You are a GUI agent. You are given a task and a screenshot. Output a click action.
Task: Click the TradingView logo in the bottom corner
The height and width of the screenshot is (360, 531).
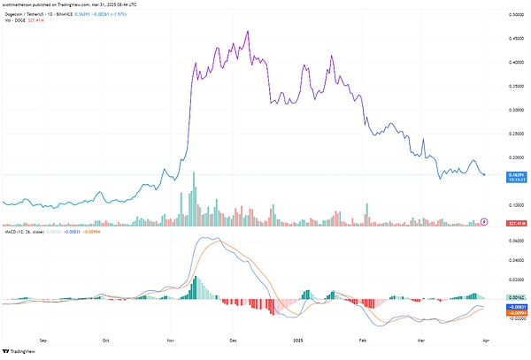pos(27,351)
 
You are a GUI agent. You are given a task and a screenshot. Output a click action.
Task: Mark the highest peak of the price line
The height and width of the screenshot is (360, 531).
pos(247,32)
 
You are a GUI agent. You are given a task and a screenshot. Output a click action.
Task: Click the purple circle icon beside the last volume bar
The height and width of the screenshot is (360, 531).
pos(484,220)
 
